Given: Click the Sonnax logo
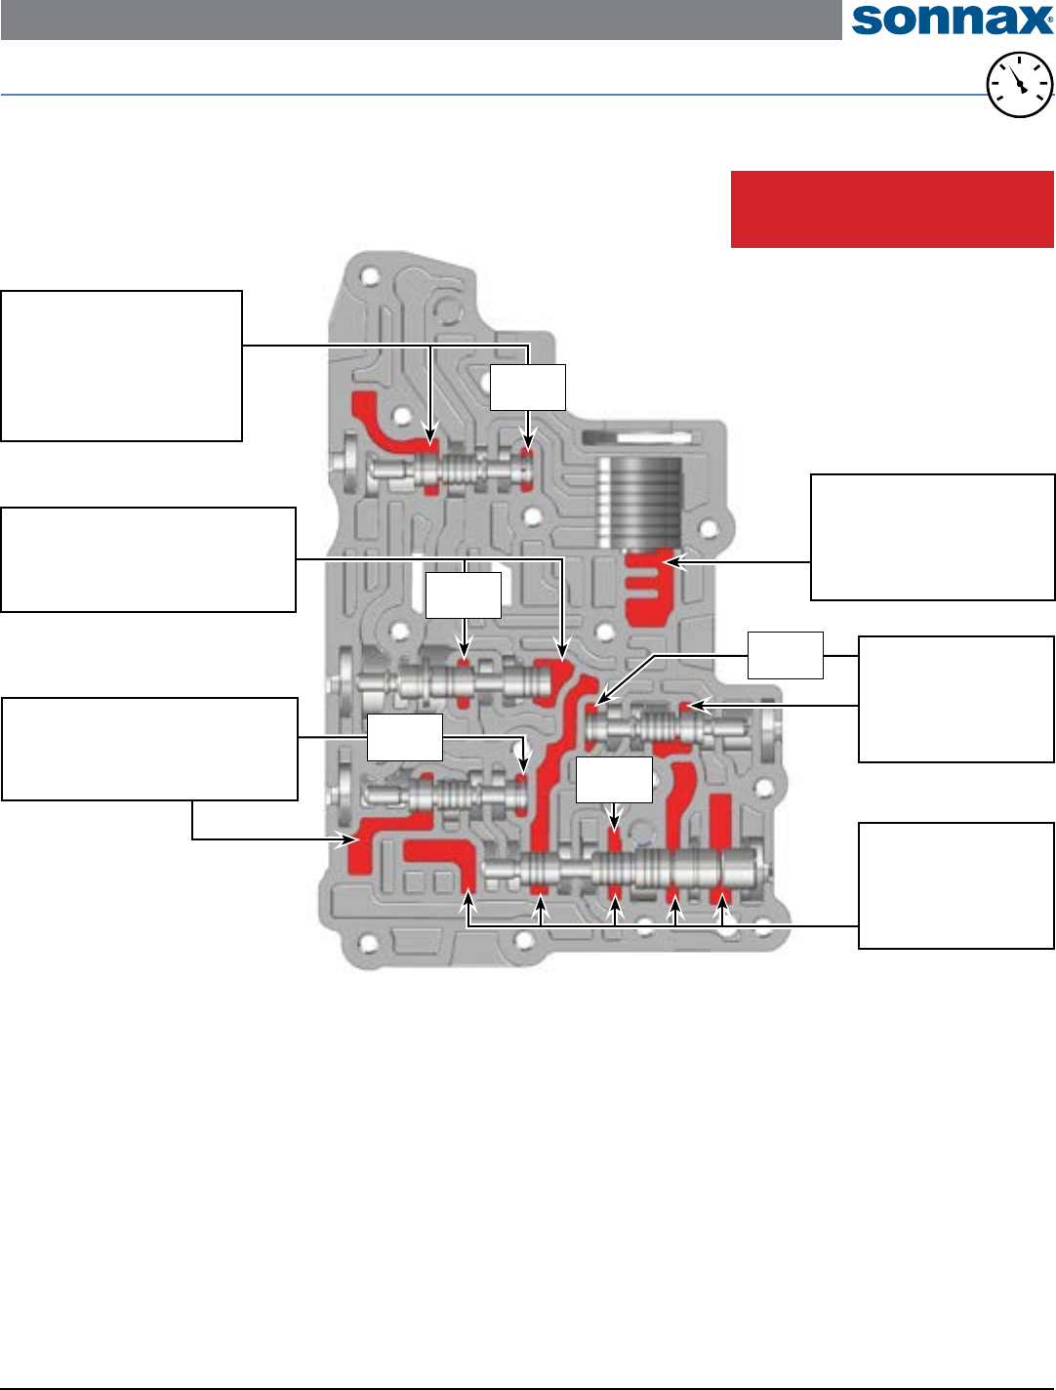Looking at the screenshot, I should (x=952, y=20).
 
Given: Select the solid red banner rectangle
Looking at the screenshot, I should (x=892, y=209).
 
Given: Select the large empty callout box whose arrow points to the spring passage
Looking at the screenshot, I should (x=932, y=537).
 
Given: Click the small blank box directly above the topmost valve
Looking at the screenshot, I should (x=527, y=388).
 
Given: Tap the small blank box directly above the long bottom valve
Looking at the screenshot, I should (x=614, y=780).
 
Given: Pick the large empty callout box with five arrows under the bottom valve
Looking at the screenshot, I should (x=955, y=885).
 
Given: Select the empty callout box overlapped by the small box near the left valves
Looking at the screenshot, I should (x=149, y=749).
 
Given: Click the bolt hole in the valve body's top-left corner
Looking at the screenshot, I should (x=368, y=275).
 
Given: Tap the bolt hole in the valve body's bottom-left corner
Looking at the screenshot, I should (x=367, y=944).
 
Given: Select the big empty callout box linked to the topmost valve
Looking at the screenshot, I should (x=121, y=366).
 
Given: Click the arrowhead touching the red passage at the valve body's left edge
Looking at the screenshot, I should (x=345, y=838).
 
